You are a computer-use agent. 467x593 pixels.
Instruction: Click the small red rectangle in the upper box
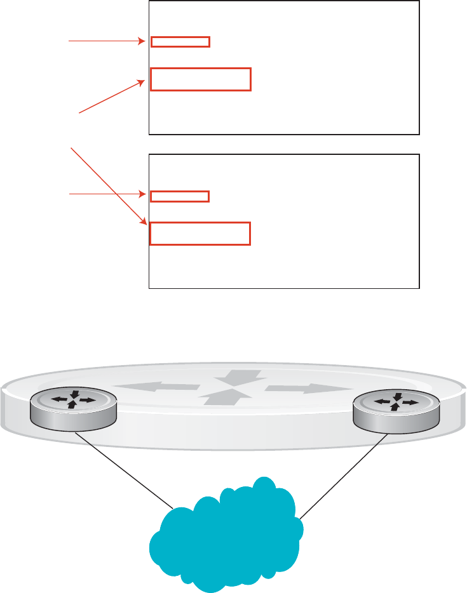click(x=180, y=42)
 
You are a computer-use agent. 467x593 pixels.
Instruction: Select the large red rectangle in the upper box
click(x=201, y=79)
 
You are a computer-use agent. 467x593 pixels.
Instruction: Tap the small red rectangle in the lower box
click(x=180, y=196)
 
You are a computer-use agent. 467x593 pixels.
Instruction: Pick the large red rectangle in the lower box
click(x=200, y=233)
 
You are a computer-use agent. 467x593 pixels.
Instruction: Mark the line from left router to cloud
click(x=126, y=470)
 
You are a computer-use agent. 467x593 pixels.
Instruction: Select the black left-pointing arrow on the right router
click(x=383, y=402)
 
